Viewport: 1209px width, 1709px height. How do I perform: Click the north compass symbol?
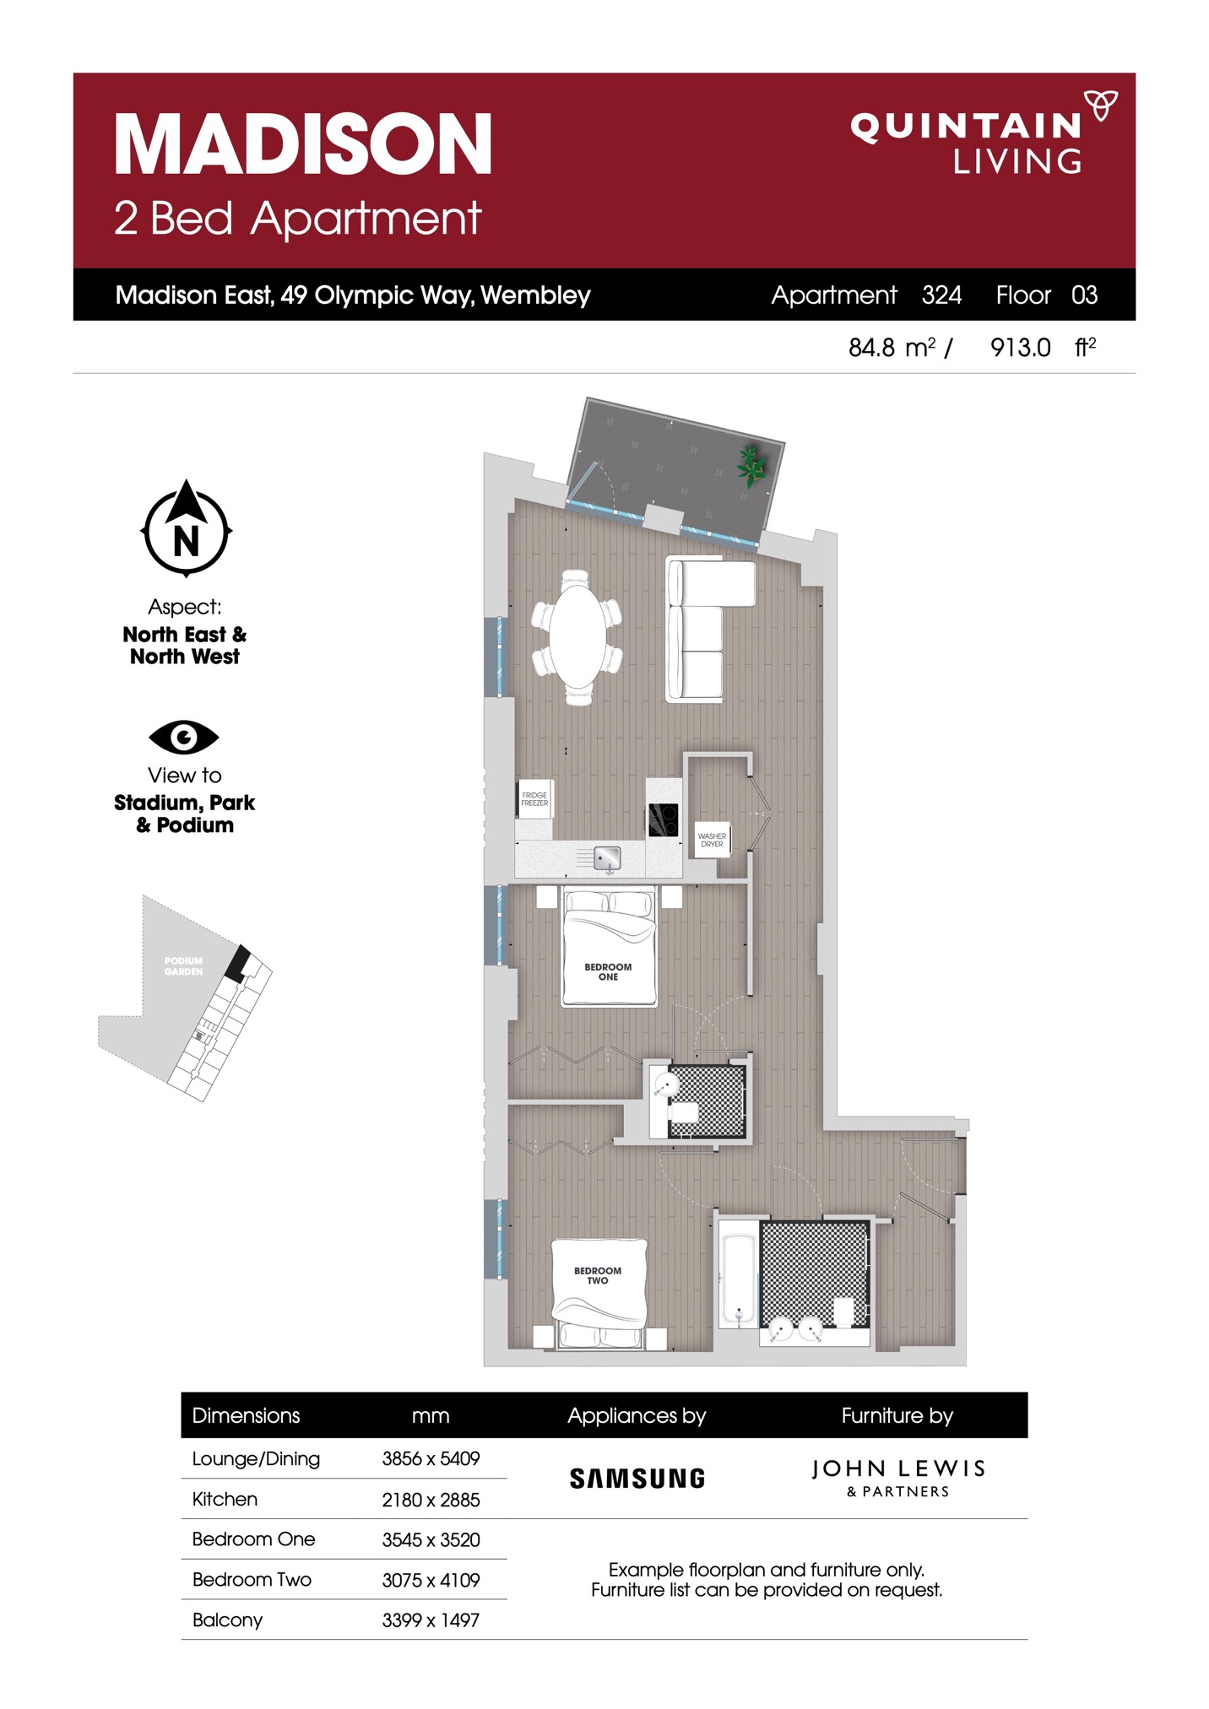(186, 529)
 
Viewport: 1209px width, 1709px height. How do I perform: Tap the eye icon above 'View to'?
(184, 737)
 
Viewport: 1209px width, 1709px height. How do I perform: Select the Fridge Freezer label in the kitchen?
(534, 798)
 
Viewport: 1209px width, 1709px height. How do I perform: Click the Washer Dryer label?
(712, 840)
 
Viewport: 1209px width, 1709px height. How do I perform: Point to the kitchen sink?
(607, 859)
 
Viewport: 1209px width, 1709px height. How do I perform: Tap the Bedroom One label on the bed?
(608, 971)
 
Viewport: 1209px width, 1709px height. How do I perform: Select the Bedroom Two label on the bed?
(598, 1275)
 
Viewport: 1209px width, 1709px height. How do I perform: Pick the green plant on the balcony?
(750, 465)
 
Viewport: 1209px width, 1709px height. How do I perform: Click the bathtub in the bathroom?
(739, 1279)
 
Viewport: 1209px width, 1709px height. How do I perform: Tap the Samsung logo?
(637, 1478)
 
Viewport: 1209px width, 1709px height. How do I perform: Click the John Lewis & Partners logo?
(898, 1478)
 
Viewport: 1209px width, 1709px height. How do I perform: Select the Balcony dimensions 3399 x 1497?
(431, 1620)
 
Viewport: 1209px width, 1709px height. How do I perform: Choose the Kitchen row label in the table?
(225, 1499)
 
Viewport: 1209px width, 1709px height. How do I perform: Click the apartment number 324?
(941, 295)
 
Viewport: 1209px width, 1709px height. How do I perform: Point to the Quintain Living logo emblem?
(1100, 105)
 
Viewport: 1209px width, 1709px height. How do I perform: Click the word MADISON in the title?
(303, 144)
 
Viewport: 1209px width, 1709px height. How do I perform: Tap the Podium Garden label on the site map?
(183, 965)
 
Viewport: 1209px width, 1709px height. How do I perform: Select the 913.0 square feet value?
(1020, 348)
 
